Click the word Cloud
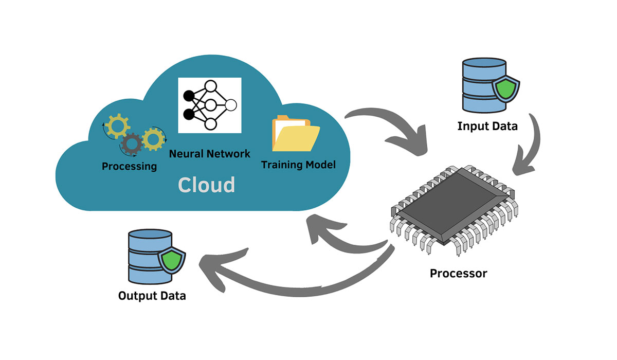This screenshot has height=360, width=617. [x=207, y=185]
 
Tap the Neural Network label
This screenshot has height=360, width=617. [x=210, y=153]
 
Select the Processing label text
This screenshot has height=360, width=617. [x=129, y=166]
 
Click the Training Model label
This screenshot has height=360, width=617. [x=298, y=165]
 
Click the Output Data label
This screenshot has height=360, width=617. [x=152, y=296]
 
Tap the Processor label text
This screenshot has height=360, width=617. [x=458, y=273]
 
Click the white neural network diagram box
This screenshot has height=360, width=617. [x=210, y=105]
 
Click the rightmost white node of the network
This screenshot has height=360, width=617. [x=231, y=105]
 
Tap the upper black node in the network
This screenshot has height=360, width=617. [x=189, y=96]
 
